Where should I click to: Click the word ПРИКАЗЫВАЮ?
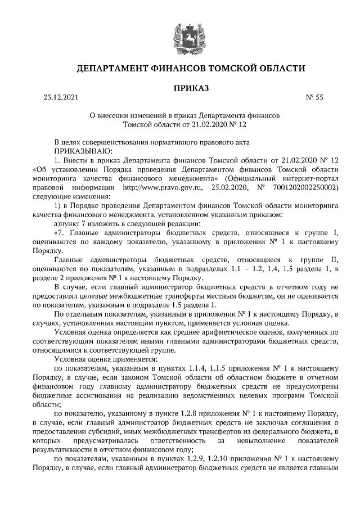83,151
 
